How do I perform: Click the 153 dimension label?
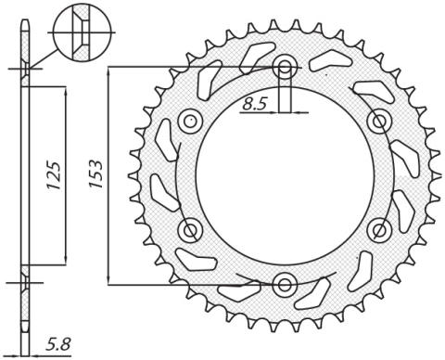coord(95,174)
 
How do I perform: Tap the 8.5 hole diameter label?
coord(254,105)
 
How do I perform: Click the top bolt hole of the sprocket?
coord(286,67)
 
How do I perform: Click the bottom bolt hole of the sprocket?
coord(286,282)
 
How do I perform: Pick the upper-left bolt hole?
coord(192,121)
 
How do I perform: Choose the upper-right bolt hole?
coord(378,121)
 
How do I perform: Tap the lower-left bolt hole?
coord(192,228)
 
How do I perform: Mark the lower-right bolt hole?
coord(378,228)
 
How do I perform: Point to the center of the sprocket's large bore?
coord(286,174)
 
